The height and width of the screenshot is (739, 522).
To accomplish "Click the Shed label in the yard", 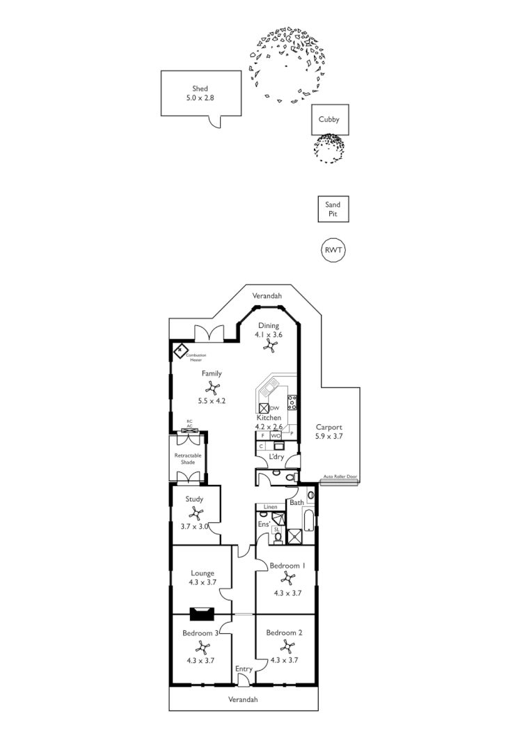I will [200, 89].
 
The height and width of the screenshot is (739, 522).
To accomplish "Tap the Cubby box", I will [329, 120].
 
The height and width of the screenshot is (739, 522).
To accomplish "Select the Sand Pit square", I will [333, 209].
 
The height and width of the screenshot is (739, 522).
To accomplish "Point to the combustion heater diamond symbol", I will [182, 350].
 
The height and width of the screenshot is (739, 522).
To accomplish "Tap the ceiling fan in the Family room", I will [212, 389].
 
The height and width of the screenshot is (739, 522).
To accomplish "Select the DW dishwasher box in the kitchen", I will [264, 408].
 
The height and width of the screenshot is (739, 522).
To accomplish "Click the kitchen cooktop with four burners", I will [293, 403].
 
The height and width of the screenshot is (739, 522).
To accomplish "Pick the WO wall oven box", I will [276, 435].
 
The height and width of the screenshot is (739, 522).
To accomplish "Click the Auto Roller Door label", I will [340, 478].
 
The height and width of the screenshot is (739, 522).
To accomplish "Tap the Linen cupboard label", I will [271, 506].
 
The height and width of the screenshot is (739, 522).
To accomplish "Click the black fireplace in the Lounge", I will [203, 614].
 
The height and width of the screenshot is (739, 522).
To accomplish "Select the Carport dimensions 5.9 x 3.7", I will [329, 437].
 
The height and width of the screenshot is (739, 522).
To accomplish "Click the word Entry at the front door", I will [244, 669].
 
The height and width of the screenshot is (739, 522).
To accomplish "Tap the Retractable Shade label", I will [188, 458].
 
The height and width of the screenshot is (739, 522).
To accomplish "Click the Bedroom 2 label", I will [284, 633].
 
